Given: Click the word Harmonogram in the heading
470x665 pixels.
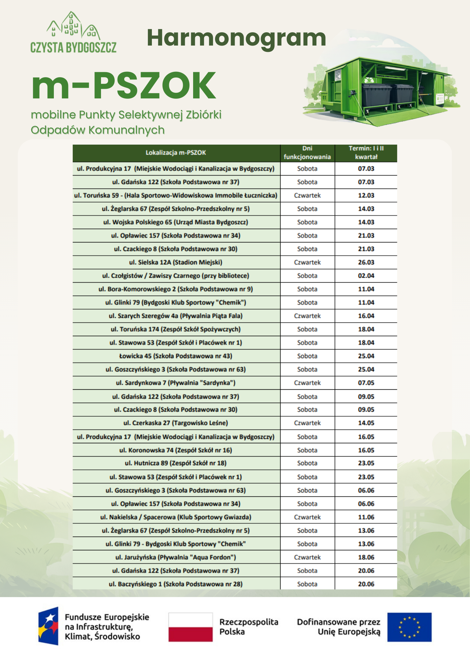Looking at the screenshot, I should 236,38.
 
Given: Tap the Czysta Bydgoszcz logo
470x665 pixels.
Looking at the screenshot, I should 73,33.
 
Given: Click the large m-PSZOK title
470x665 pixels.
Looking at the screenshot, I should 124,86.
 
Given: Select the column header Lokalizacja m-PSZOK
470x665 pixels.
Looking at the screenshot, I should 176,153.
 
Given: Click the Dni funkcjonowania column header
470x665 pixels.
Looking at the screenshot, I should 307,153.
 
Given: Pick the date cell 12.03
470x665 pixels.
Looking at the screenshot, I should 366,196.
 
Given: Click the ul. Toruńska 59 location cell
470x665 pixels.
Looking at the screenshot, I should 176,196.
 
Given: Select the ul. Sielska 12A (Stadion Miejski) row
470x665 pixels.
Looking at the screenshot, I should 176,262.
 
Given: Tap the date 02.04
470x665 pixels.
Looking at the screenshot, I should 366,276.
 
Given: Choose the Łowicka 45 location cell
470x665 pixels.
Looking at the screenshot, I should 176,356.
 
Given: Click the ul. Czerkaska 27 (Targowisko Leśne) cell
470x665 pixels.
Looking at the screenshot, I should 176,423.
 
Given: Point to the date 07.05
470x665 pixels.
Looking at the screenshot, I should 366,383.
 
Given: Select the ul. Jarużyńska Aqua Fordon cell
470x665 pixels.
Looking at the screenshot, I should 176,557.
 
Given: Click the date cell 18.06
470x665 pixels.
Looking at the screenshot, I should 366,557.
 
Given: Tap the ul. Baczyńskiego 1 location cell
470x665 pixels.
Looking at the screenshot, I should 176,584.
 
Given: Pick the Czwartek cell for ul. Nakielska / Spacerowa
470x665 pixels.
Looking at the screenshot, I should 307,517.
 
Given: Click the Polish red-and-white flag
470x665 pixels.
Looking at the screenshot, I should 190,627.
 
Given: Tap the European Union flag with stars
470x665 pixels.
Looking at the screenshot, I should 410,627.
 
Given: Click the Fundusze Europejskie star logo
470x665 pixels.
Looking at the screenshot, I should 49,626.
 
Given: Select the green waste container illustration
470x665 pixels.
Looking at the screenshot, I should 382,90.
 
